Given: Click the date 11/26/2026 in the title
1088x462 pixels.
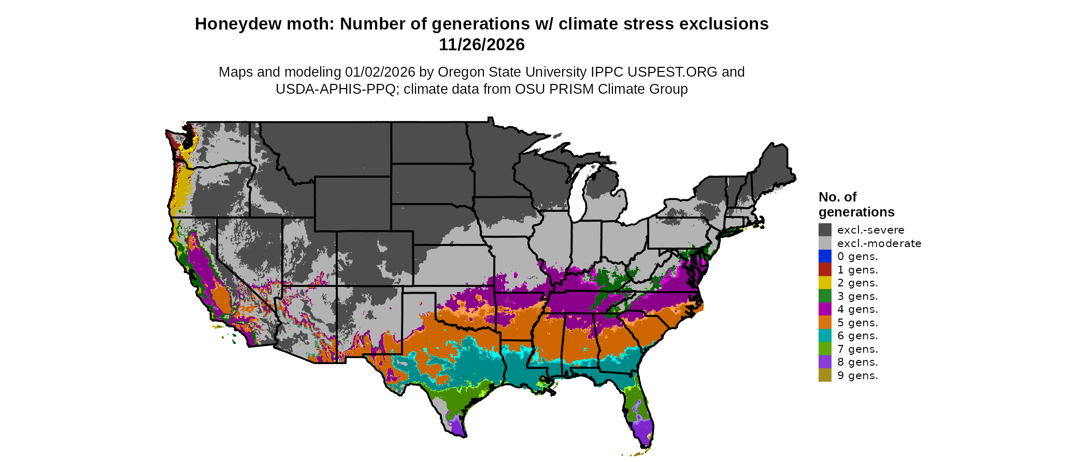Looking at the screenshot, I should coord(481,45).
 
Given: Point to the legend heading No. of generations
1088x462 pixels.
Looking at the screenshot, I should coord(856,205).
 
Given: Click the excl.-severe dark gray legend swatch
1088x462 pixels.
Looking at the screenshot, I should coord(825,230).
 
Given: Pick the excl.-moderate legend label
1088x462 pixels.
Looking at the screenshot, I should coord(879,243).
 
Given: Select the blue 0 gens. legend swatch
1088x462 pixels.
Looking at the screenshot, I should coord(825,256).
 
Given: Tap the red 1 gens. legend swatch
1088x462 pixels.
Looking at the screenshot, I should coord(825,270).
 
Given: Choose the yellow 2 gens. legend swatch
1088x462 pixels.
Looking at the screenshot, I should coord(825,283).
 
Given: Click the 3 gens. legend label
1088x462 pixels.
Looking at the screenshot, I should coord(857,296).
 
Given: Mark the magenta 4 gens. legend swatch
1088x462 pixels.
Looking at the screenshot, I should coord(825,309).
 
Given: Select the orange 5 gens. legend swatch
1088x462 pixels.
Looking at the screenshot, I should coord(825,323).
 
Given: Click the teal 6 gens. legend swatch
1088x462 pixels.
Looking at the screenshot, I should coord(825,336).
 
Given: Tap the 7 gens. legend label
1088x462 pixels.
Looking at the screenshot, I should coord(857,349).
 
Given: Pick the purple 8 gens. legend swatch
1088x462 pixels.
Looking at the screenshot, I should coord(825,362).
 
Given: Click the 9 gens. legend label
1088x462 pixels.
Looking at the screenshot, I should coord(857,376).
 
